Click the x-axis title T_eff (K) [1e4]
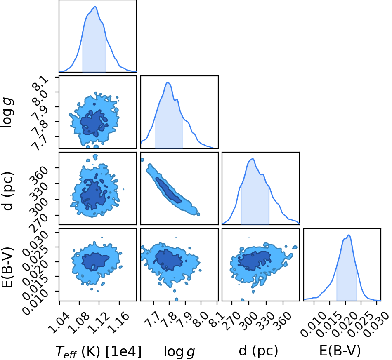tap(99, 352)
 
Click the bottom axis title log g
tap(179, 352)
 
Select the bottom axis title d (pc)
tap(258, 351)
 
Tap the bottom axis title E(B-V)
tap(340, 351)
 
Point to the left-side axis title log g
tap(7, 113)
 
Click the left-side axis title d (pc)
tap(7, 191)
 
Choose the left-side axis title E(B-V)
tap(7, 267)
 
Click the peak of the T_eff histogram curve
tap(95, 7)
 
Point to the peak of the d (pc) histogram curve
tap(253, 159)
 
